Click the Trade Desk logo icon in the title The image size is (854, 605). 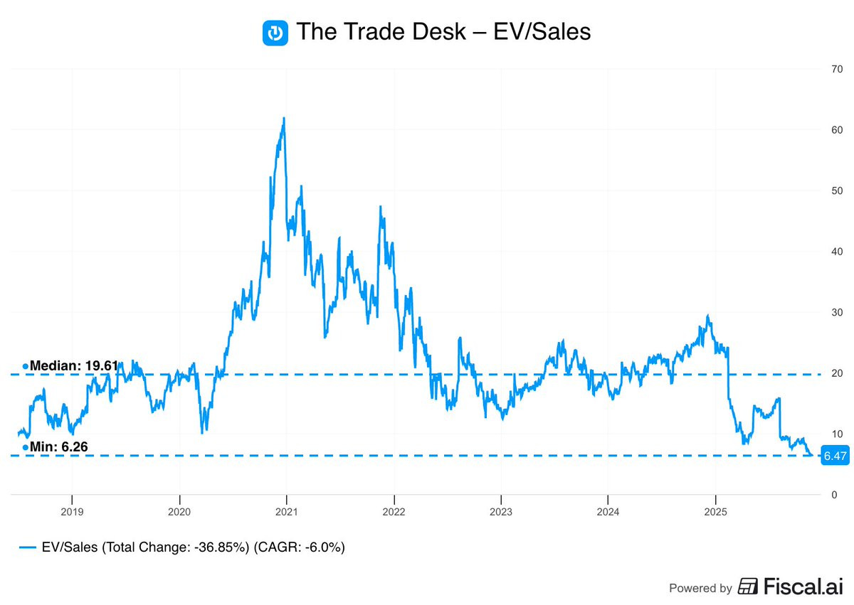(275, 33)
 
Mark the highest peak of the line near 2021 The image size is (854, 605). (284, 118)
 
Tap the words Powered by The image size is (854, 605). (700, 588)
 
